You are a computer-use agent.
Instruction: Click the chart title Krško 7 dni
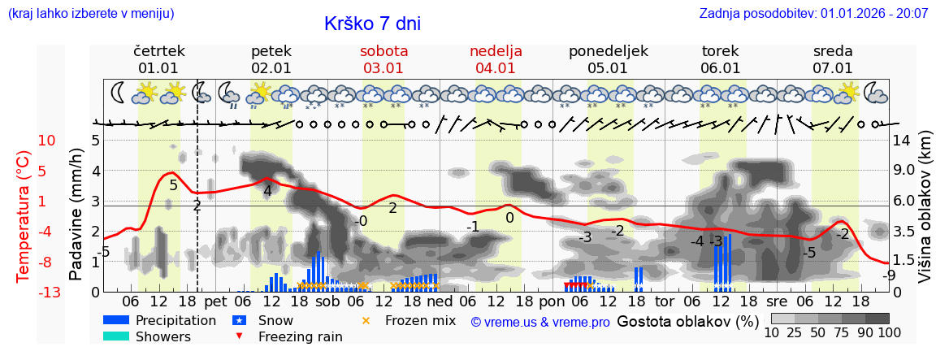click(x=372, y=24)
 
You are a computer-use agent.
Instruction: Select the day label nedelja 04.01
click(x=496, y=59)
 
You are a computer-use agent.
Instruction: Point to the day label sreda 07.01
click(x=833, y=59)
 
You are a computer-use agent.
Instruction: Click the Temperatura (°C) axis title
click(x=24, y=216)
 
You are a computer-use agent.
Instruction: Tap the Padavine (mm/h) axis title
click(x=76, y=215)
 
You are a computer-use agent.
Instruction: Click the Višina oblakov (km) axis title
click(x=925, y=217)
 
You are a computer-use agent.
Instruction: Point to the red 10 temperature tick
click(x=46, y=141)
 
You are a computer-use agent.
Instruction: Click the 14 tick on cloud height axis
click(x=902, y=141)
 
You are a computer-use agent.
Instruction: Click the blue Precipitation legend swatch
click(x=116, y=320)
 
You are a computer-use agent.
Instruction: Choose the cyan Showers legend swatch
click(x=116, y=336)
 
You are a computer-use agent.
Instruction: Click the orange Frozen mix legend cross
click(x=366, y=320)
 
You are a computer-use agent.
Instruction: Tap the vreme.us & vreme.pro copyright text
click(x=540, y=322)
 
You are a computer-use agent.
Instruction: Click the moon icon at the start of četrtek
click(x=119, y=92)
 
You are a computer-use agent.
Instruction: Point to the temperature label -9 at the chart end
click(x=889, y=275)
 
